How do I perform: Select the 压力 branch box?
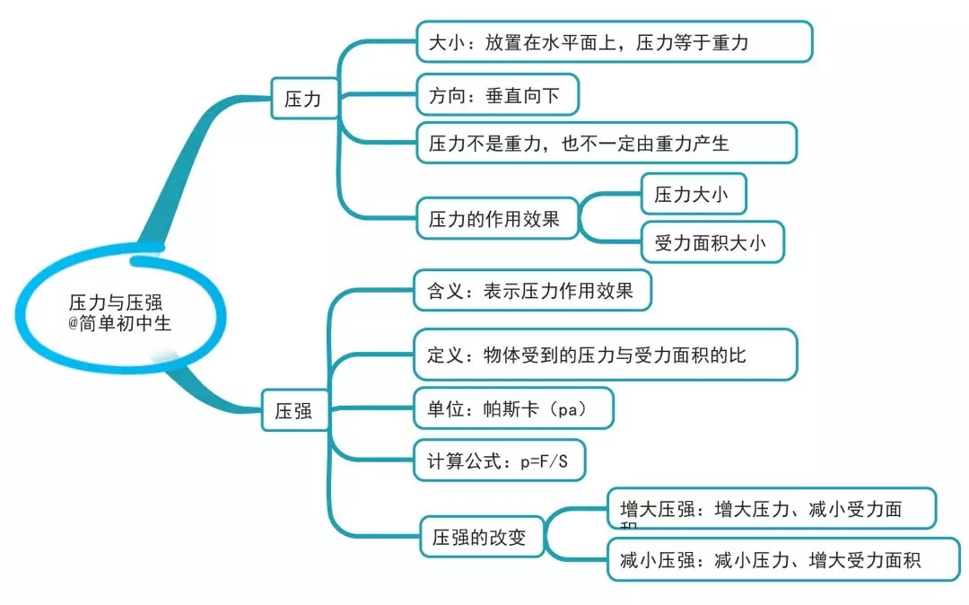302,99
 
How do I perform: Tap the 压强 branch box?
293,411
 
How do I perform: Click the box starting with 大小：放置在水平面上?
615,42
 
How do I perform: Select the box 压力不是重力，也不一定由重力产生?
607,143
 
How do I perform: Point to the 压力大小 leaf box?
693,195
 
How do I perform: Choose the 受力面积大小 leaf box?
711,242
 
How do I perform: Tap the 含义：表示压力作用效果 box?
532,291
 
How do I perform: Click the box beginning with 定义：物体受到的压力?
605,355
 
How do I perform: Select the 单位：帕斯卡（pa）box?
512,408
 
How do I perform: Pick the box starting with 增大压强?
771,509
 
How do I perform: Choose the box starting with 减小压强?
771,561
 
